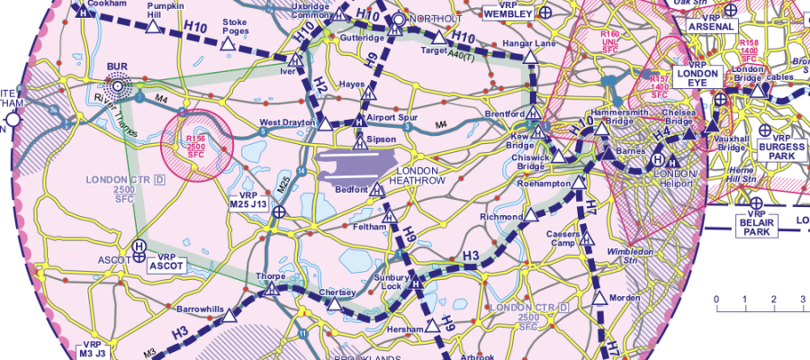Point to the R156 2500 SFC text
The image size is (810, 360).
pyautogui.click(x=196, y=146)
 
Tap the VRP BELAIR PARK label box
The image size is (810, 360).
pyautogui.click(x=755, y=225)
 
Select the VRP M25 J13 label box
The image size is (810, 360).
pyautogui.click(x=251, y=200)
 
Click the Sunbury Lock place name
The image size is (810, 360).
pyautogui.click(x=391, y=283)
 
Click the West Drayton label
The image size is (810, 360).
pyautogui.click(x=287, y=121)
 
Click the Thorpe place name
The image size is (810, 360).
pyautogui.click(x=270, y=275)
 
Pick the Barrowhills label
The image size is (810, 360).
pyautogui.click(x=200, y=308)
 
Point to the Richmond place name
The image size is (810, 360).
pyautogui.click(x=500, y=218)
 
